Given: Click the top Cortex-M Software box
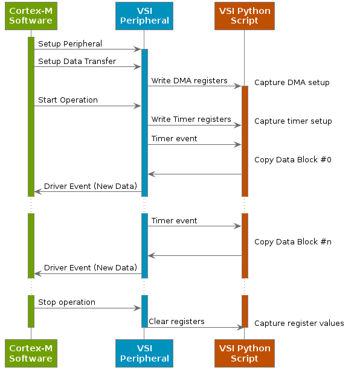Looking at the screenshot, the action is [x=31, y=16].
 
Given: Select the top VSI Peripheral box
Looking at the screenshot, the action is [x=144, y=16].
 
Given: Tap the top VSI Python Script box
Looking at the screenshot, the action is [x=245, y=16].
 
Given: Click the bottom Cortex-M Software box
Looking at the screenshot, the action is [x=31, y=353].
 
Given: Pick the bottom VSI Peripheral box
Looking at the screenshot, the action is [x=144, y=353].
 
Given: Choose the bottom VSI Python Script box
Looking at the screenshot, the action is [x=245, y=353].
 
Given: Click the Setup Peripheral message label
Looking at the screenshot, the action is [x=70, y=44].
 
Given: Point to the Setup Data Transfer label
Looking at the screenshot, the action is [x=77, y=62].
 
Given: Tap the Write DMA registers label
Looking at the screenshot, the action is [x=189, y=81].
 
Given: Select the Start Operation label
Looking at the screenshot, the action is [x=68, y=100].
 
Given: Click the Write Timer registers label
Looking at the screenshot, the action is [x=191, y=120].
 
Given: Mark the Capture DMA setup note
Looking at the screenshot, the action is [x=292, y=83].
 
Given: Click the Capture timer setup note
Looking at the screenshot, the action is [x=293, y=121].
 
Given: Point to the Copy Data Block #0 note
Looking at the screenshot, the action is [x=293, y=160].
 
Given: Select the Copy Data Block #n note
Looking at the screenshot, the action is [x=293, y=242].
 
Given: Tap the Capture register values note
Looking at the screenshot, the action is [x=299, y=324].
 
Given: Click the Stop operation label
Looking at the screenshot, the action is [x=66, y=302].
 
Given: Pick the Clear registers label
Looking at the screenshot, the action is [x=176, y=322].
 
